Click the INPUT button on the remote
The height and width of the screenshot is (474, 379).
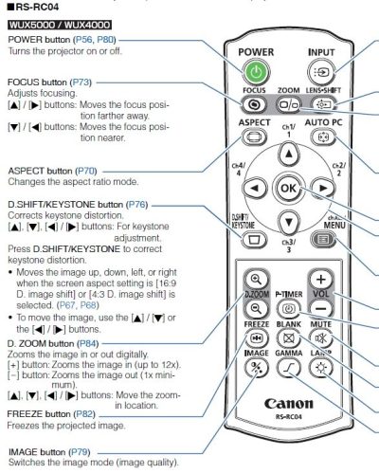click(x=321, y=71)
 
